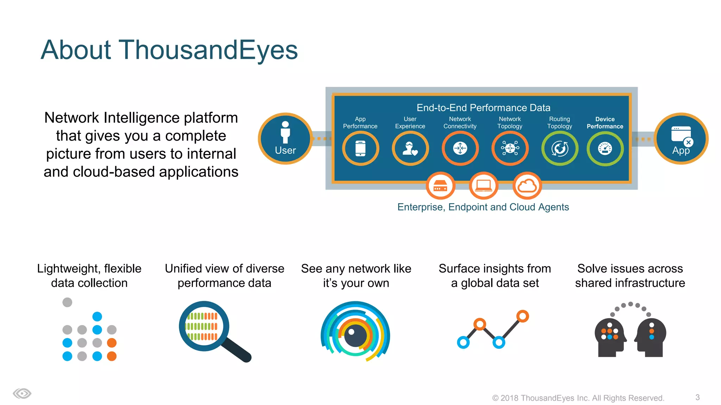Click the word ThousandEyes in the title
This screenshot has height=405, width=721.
click(208, 50)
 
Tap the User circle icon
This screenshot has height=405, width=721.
click(285, 139)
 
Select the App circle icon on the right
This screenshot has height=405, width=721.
click(681, 139)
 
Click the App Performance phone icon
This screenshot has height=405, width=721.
click(360, 148)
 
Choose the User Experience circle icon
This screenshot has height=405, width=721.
click(410, 148)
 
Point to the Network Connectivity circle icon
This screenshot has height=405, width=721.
click(460, 148)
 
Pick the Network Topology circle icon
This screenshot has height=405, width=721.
click(510, 148)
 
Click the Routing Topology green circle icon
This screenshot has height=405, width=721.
click(559, 148)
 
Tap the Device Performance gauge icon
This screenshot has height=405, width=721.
click(605, 148)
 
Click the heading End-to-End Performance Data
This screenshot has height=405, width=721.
click(483, 108)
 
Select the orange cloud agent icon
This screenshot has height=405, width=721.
click(527, 185)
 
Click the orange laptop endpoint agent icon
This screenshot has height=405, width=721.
click(483, 185)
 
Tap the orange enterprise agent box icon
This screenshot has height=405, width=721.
click(440, 185)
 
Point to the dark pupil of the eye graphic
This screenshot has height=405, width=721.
click(355, 335)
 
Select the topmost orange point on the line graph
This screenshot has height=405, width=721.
click(522, 316)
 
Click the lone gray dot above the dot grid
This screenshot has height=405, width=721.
click(67, 302)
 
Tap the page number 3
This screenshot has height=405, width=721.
click(697, 397)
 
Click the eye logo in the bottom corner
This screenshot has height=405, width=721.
click(22, 393)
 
